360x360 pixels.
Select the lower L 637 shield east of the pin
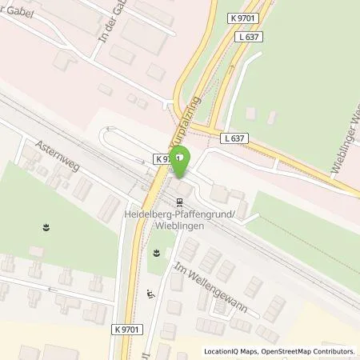pyautogui.click(x=235, y=138)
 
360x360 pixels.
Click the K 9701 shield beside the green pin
pyautogui.click(x=163, y=159)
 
